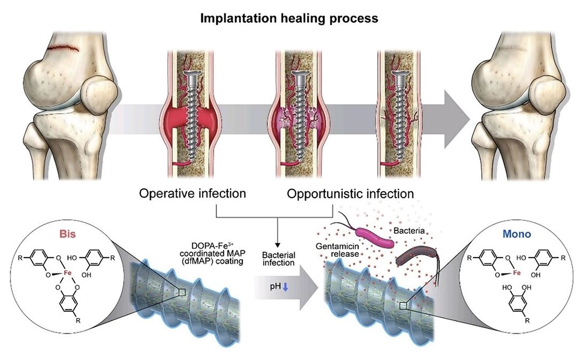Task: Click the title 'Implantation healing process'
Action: (289, 18)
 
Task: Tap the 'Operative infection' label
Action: (192, 193)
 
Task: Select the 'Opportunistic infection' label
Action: (350, 193)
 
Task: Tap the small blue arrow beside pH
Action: (284, 287)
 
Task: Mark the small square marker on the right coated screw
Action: (404, 304)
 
